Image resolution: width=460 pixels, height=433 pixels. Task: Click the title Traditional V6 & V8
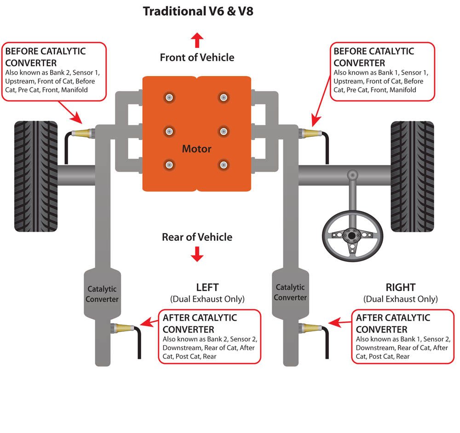[198, 11]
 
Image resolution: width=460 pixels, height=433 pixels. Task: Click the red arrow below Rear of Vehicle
[197, 254]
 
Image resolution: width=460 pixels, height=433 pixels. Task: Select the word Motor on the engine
[197, 149]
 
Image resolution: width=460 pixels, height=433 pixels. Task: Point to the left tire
[36, 176]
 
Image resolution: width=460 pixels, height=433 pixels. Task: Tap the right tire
[412, 176]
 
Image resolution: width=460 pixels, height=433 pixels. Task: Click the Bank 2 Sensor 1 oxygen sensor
[83, 133]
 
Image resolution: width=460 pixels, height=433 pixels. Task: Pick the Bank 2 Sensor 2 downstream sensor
[124, 328]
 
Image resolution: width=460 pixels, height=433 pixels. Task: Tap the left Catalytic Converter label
[102, 294]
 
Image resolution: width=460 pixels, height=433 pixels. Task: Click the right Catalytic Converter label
[290, 293]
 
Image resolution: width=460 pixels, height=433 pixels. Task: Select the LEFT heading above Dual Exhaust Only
[207, 287]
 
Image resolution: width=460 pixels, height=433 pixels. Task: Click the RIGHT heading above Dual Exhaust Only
[400, 287]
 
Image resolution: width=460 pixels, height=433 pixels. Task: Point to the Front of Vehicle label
[197, 58]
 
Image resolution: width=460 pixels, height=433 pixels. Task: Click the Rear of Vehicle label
[197, 237]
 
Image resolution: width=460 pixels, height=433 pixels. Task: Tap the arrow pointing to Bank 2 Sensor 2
[148, 322]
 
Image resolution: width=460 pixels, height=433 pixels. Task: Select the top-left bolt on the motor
[170, 97]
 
